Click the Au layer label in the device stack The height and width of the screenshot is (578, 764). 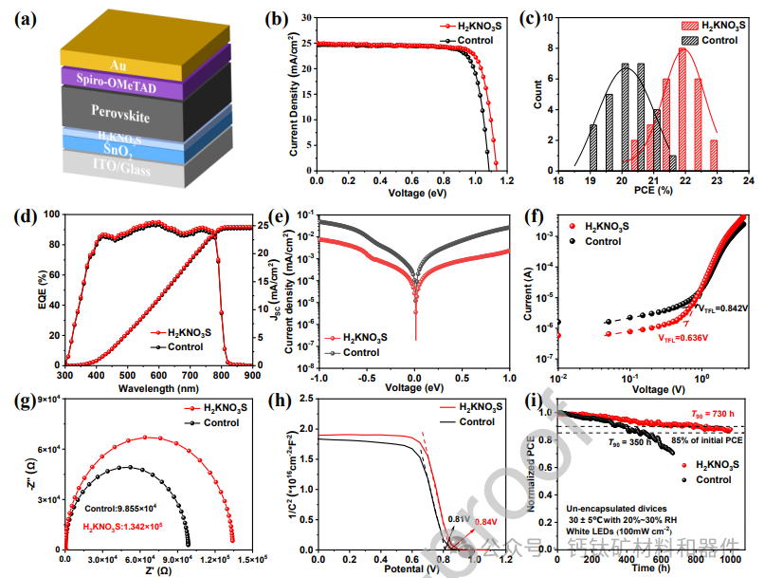(x=118, y=65)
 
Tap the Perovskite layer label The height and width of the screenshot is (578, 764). (x=118, y=111)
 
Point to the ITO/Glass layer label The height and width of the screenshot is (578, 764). (x=118, y=164)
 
